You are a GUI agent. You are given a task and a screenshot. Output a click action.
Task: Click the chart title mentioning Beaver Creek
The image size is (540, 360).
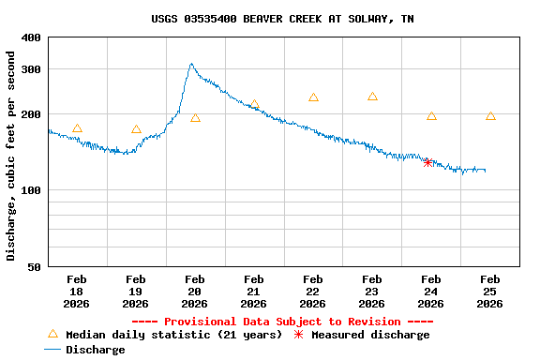[x=282, y=19]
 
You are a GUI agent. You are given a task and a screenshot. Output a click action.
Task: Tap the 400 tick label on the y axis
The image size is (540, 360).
[x=31, y=37]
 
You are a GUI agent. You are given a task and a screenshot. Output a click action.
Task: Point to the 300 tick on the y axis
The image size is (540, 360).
[x=31, y=69]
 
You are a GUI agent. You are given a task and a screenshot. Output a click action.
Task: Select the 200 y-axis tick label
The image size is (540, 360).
[x=31, y=114]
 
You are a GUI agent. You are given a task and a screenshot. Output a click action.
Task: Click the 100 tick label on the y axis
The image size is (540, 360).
[x=31, y=190]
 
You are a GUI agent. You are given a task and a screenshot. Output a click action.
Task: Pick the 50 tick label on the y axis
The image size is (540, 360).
[x=34, y=267]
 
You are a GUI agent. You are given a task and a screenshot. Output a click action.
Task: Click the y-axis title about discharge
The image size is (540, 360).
[x=11, y=156]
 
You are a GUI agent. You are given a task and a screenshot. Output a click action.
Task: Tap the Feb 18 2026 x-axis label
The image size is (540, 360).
[x=77, y=292]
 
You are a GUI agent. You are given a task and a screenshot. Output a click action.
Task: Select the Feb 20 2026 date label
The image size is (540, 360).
[x=195, y=292]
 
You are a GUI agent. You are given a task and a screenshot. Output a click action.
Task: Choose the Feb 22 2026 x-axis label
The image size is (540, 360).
[x=313, y=292]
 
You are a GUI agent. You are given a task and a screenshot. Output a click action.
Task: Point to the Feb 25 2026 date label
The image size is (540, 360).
[x=490, y=292]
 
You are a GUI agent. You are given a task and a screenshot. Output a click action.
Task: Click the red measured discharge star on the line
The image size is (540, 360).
[x=427, y=163]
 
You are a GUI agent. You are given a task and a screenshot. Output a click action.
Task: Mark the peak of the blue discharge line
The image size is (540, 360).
[x=191, y=65]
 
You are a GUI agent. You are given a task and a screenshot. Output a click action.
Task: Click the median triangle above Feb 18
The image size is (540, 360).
[x=77, y=128]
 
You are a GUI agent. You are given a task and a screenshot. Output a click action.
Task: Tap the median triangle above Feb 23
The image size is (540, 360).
[x=372, y=97]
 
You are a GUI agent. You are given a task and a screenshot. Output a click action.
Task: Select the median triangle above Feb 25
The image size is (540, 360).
[x=490, y=115]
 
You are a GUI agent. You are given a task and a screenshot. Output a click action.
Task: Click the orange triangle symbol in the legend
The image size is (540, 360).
[x=52, y=334]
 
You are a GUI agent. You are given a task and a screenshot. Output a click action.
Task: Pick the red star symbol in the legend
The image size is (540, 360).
[x=299, y=335]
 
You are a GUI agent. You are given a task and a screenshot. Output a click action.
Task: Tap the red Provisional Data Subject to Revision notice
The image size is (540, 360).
[x=282, y=322]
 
